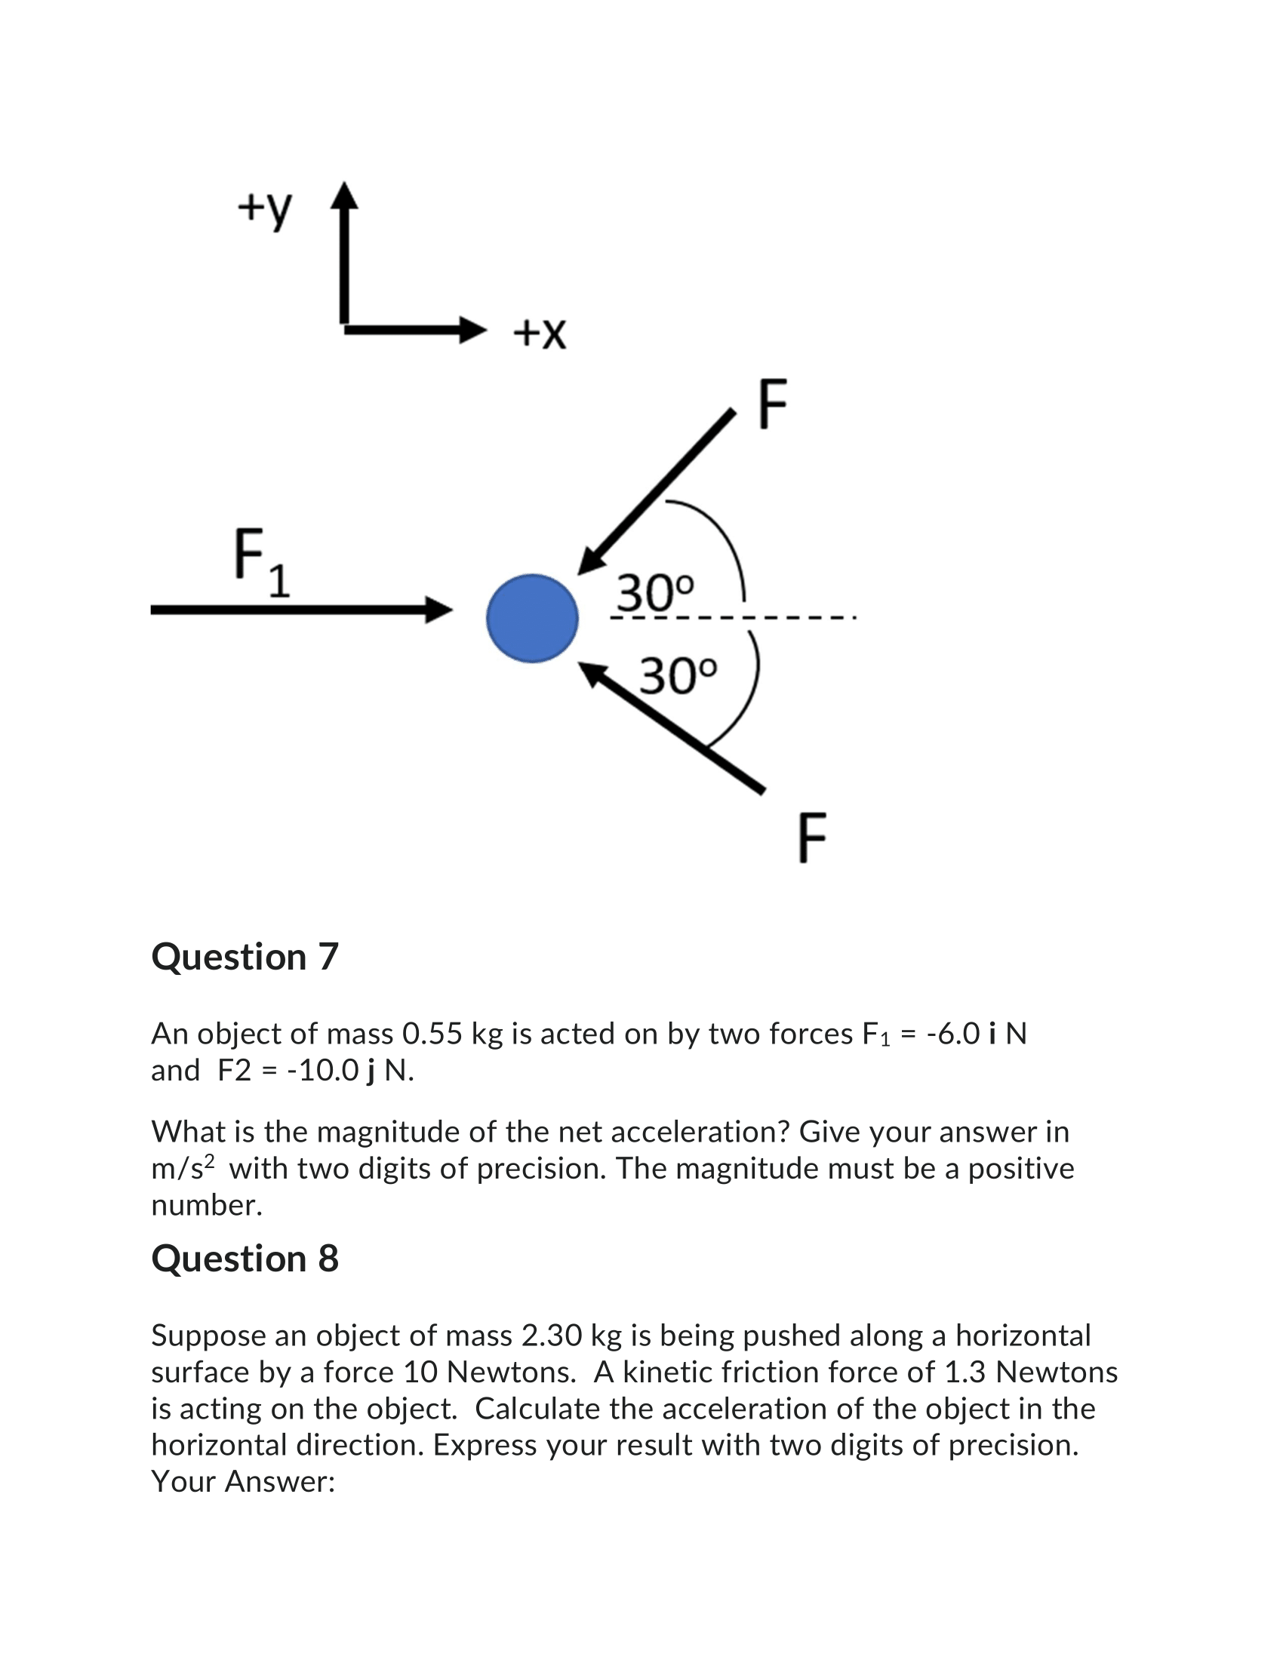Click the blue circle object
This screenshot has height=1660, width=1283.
(532, 618)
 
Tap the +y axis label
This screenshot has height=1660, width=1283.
(263, 207)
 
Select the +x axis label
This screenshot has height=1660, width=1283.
(540, 333)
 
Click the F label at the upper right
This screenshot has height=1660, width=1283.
(772, 404)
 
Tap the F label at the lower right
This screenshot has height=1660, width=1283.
(812, 838)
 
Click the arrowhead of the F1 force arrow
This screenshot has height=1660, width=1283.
(439, 610)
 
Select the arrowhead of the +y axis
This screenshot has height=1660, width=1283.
(345, 195)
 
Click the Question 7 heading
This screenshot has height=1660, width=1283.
(245, 957)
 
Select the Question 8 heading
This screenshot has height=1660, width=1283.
(245, 1259)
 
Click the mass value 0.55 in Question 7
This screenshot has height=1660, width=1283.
(432, 1034)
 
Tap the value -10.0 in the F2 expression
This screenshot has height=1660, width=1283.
(322, 1070)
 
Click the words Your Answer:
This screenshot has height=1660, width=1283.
(243, 1481)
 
